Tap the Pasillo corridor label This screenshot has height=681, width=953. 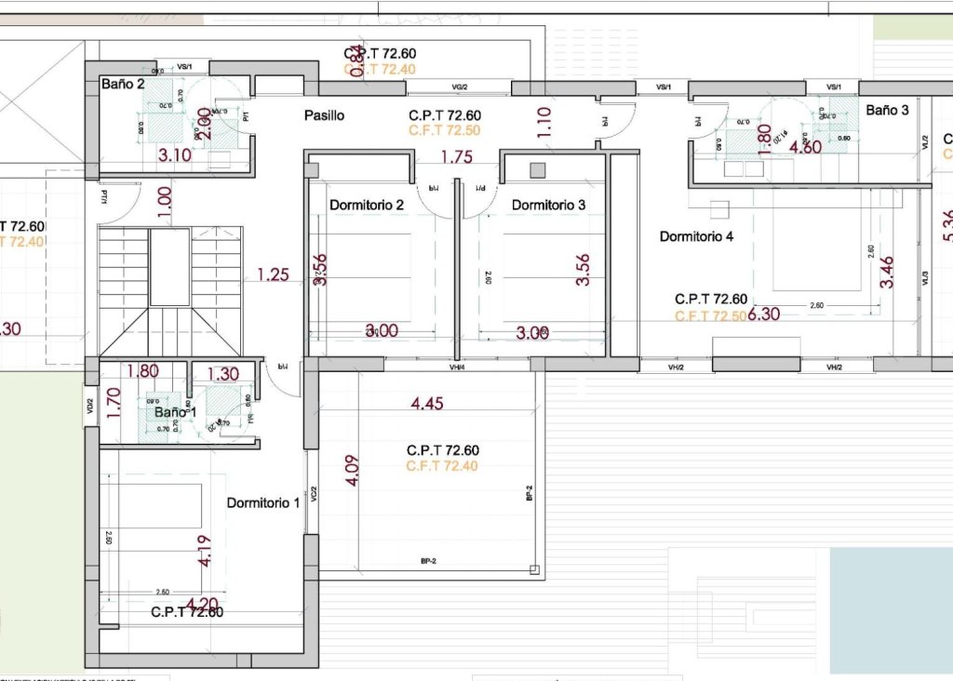(x=324, y=115)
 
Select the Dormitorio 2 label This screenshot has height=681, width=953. (x=366, y=205)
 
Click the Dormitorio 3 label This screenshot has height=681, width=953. (x=548, y=205)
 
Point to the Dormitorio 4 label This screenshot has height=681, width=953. (x=696, y=236)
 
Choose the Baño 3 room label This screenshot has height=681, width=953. (x=886, y=110)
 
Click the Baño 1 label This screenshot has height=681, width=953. (x=176, y=411)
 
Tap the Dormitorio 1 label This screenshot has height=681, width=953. (x=263, y=502)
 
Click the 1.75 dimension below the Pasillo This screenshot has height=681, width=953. (x=457, y=157)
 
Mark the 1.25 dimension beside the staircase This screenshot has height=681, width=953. (x=274, y=274)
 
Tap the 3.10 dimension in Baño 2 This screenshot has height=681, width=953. (x=175, y=155)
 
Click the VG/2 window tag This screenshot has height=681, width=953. (x=459, y=87)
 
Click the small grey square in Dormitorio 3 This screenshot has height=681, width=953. (x=538, y=169)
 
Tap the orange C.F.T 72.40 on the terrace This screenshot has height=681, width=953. (x=442, y=466)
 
